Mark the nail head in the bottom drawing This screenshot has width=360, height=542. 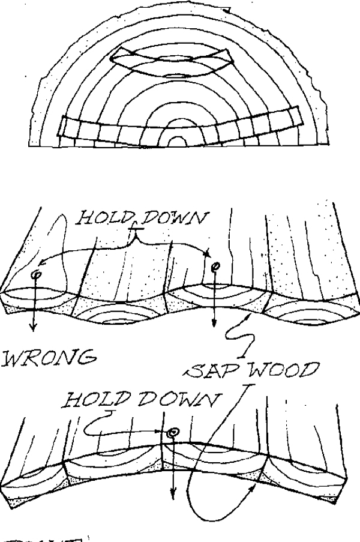(x=175, y=432)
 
